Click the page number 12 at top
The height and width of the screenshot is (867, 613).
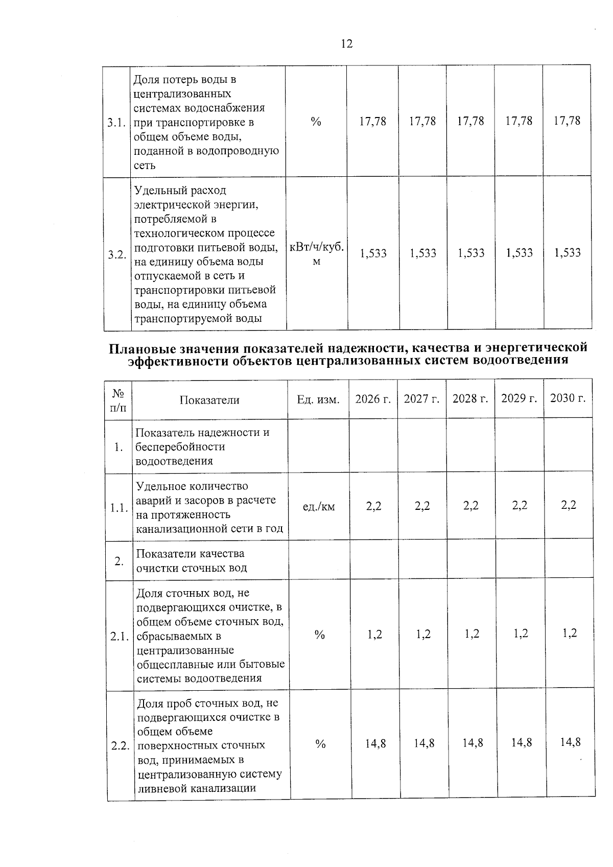346,44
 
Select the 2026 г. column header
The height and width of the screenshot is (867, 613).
373,399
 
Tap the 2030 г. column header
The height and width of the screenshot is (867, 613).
568,398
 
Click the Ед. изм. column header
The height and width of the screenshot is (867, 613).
318,400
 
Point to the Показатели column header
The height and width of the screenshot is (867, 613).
209,400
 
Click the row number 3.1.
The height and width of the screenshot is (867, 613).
116,123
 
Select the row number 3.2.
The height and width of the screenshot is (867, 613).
117,254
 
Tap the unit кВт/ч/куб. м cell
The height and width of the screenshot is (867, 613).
317,254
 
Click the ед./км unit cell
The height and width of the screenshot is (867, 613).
319,507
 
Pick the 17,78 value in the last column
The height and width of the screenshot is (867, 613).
567,121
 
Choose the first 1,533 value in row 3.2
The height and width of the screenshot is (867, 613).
373,253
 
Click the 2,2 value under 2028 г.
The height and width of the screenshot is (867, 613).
471,506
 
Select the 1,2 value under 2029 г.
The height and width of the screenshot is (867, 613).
520,634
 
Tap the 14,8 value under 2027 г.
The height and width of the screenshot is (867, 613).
424,743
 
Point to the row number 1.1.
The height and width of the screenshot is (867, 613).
119,508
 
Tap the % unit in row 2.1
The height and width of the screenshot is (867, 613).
320,635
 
